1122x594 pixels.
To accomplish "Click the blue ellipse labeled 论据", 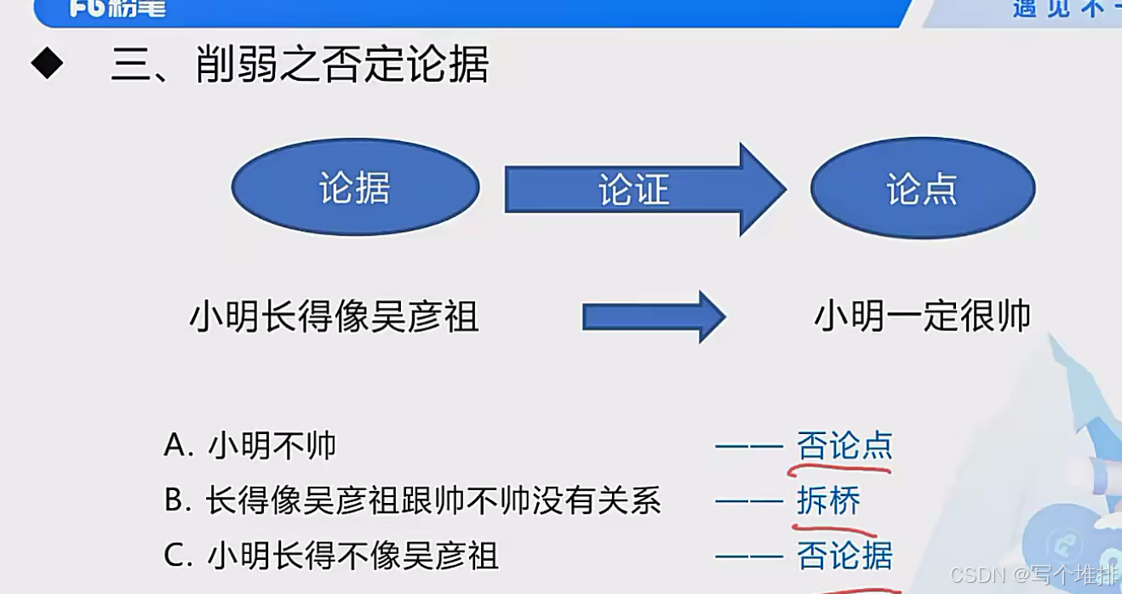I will tap(355, 188).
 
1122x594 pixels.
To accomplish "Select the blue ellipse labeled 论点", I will tap(922, 189).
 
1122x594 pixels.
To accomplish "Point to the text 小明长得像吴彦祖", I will tap(334, 317).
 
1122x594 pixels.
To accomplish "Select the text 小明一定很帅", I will tap(923, 317).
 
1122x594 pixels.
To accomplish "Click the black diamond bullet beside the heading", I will tap(47, 64).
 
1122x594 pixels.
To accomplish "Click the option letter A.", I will tap(175, 445).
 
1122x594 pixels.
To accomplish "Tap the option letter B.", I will tap(175, 500).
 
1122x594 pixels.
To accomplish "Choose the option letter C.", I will tap(175, 556).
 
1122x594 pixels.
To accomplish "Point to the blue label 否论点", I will tap(844, 445).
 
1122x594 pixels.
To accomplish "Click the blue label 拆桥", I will tap(828, 500).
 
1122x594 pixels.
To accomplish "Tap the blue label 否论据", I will tap(844, 556).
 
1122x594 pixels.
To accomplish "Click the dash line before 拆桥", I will tap(749, 501).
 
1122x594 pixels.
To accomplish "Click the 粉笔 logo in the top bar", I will tap(118, 9).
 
